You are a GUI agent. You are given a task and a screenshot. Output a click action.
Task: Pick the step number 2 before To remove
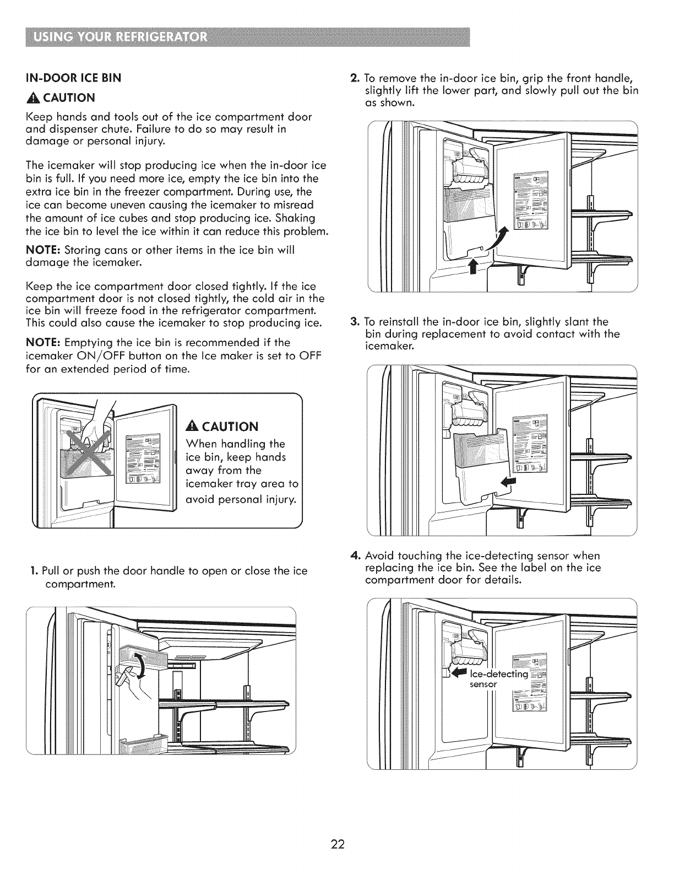coord(355,77)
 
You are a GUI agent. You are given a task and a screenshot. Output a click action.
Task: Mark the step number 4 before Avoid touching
coord(355,555)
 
